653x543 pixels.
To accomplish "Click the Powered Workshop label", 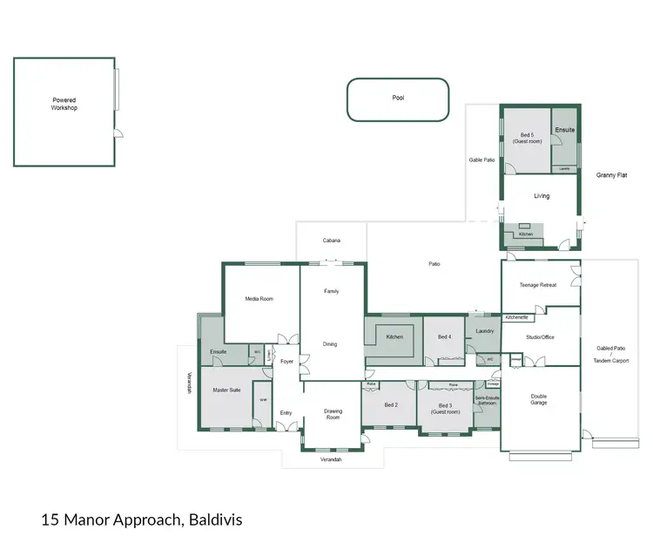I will point(64,104).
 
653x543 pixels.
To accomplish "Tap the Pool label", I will point(398,98).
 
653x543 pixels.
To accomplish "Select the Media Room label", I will point(259,299).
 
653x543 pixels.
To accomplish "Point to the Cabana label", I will point(331,241).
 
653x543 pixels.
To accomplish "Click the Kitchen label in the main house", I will point(394,336).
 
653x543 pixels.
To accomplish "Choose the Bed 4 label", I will point(444,336).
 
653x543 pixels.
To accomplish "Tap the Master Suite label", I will point(226,390).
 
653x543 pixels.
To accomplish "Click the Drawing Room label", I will point(333,414).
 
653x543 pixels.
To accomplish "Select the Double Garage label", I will point(539,399).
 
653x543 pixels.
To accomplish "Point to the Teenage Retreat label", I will point(537,285).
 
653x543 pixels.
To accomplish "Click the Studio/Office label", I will point(540,336).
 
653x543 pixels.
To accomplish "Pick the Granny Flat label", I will point(611,175).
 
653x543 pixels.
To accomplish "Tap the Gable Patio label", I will point(481,160).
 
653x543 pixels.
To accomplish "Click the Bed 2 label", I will point(391,405).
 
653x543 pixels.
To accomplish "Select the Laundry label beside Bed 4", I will point(485,331).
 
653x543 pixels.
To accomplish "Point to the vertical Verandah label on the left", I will point(186,383).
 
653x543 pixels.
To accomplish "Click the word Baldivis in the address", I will point(215,519).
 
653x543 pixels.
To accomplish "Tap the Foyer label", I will point(286,361).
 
